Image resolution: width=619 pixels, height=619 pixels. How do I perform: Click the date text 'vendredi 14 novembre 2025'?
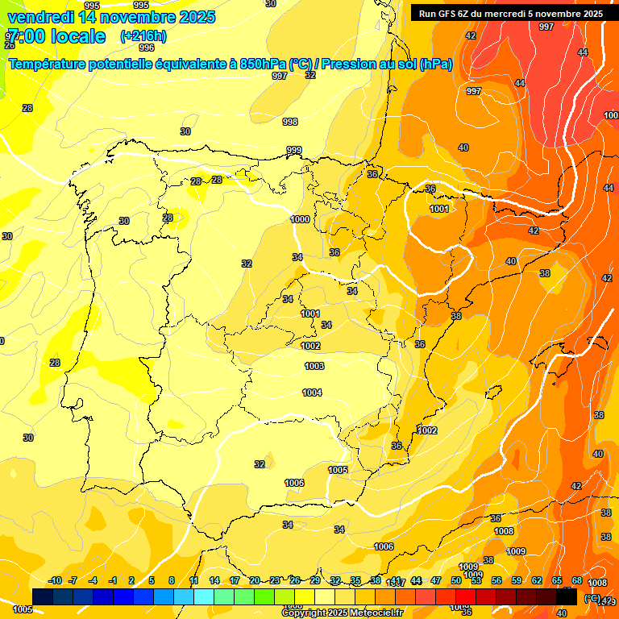111,17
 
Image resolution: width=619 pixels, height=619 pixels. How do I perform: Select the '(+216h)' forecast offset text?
143,36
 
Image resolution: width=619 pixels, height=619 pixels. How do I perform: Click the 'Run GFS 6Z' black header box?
510,13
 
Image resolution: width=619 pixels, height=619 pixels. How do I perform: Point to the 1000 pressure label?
300,219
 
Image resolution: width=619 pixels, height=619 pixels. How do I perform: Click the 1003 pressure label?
314,366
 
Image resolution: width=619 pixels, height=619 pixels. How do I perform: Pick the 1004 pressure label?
313,393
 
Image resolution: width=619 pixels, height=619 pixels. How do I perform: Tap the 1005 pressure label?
338,470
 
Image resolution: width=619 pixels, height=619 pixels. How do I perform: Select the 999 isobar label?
294,150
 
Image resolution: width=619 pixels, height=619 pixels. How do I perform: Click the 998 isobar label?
290,122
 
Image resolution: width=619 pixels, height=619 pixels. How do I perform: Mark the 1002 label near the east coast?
427,430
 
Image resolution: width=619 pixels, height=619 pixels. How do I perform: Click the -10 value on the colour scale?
55,580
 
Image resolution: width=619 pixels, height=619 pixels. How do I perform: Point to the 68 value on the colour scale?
577,580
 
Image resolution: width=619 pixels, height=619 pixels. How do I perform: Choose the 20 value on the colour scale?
255,580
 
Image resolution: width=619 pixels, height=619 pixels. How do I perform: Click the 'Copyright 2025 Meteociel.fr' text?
342,613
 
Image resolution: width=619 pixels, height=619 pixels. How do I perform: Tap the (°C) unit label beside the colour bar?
592,597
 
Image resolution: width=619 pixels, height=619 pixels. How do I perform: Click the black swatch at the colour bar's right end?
567,596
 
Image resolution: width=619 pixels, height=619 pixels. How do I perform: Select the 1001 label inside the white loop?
439,209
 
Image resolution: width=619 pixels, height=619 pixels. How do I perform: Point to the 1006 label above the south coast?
295,483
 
